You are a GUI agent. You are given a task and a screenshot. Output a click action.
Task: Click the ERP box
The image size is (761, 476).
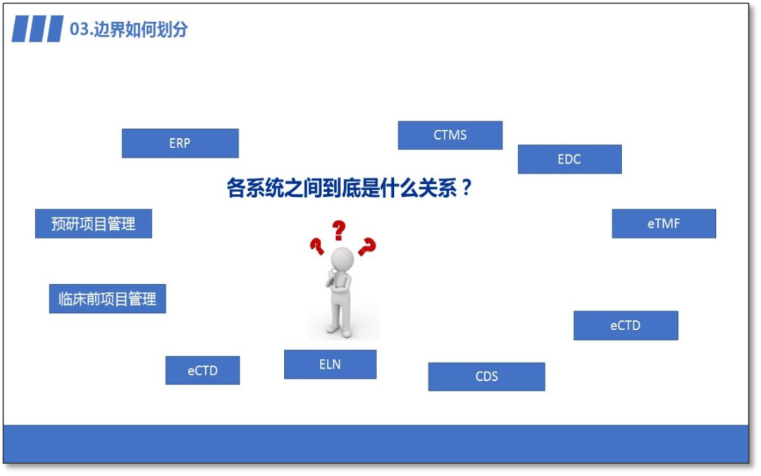click(x=180, y=143)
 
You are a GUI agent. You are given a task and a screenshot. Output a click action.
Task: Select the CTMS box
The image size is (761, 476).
click(x=450, y=135)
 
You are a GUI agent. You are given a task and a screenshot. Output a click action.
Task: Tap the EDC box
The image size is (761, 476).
click(x=569, y=159)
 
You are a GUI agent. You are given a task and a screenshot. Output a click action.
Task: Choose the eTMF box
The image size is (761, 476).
click(x=663, y=224)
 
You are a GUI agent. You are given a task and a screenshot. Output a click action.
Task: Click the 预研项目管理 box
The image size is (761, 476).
click(x=93, y=224)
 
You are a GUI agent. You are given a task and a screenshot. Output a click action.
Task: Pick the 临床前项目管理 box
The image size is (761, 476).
click(x=107, y=299)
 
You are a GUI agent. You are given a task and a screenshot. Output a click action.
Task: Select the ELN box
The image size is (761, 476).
click(x=330, y=365)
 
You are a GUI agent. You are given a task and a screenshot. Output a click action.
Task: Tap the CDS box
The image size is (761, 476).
click(x=486, y=377)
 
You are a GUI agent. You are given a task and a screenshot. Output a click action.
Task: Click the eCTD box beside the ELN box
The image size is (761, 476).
click(x=202, y=370)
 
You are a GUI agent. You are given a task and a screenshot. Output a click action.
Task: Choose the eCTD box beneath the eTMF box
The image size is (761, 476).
click(x=625, y=326)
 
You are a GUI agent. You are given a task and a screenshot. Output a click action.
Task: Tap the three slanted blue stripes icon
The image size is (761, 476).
click(x=37, y=30)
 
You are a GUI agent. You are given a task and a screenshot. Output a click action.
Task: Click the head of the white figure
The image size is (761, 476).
click(x=342, y=257)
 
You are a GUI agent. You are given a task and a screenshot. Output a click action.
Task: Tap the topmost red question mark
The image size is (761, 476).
click(x=340, y=230)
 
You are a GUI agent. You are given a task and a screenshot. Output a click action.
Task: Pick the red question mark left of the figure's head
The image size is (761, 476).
click(x=316, y=246)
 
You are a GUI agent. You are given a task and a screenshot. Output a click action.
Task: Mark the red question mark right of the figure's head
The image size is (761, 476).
click(x=366, y=247)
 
